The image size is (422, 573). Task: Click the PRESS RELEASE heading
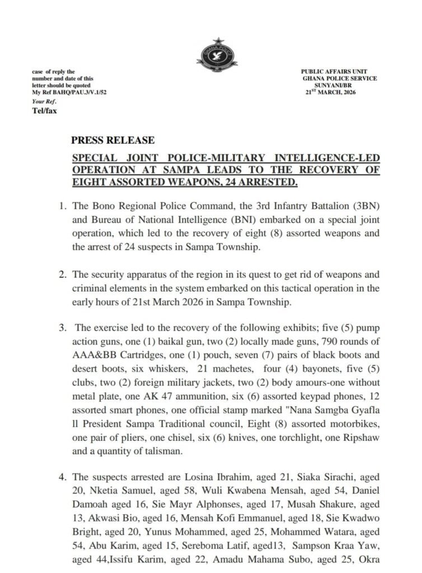tap(112, 140)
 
